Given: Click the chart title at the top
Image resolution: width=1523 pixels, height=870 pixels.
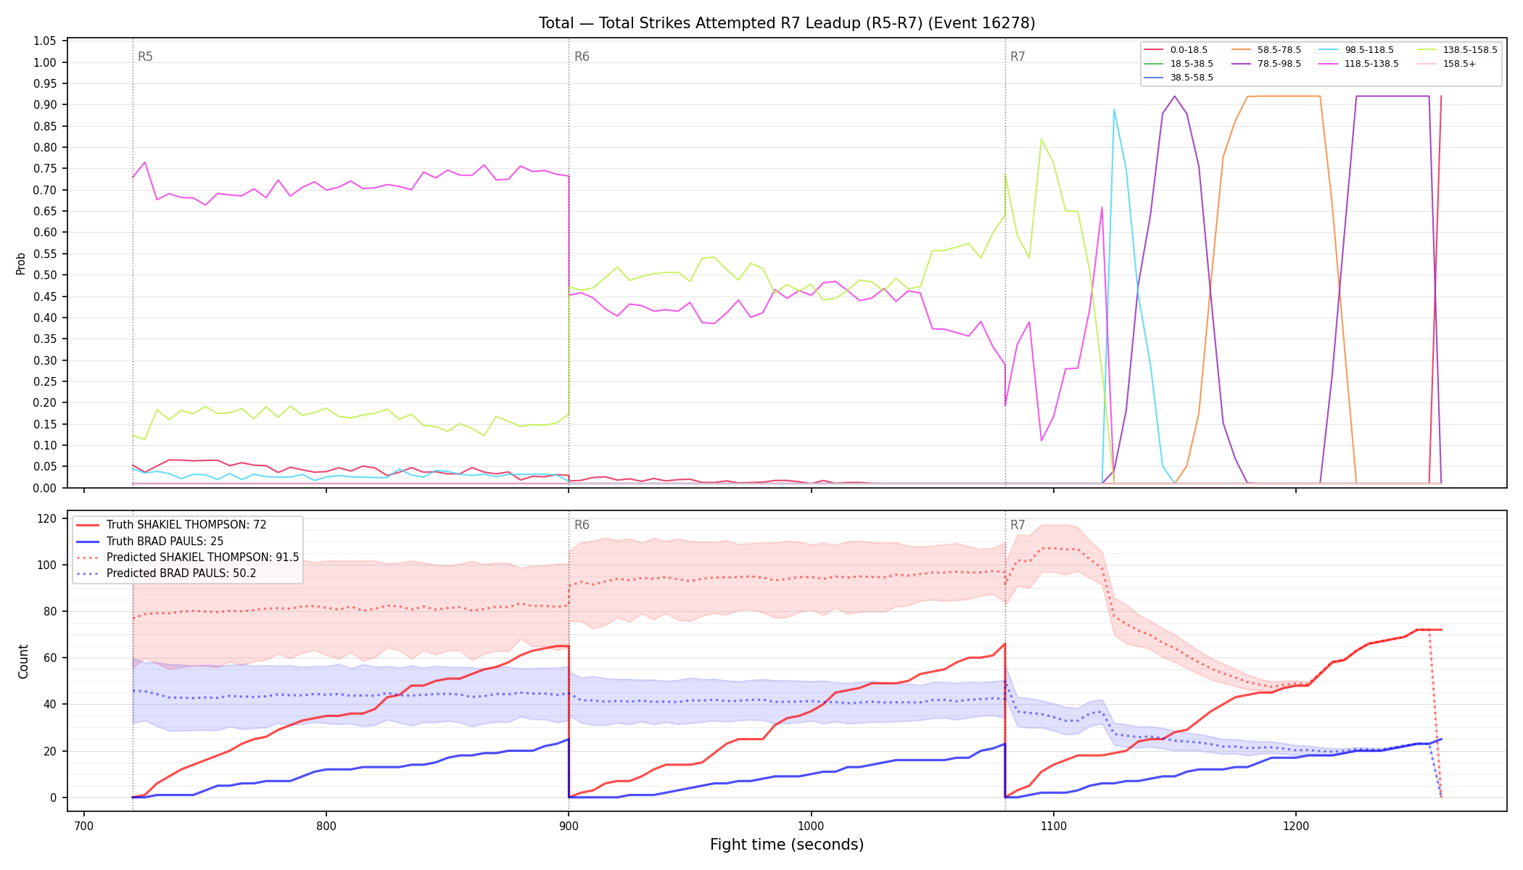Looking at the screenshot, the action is pyautogui.click(x=787, y=23).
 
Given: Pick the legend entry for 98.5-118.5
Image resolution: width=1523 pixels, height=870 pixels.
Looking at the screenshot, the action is pyautogui.click(x=1356, y=50).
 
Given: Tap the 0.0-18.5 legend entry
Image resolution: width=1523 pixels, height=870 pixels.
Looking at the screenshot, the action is pyautogui.click(x=1176, y=50).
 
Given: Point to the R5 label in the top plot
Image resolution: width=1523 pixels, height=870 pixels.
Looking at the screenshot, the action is pyautogui.click(x=145, y=57).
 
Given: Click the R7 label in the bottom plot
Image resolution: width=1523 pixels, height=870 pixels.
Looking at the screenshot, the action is pyautogui.click(x=1018, y=525).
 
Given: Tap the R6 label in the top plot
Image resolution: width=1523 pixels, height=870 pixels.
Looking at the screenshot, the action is pyautogui.click(x=582, y=57).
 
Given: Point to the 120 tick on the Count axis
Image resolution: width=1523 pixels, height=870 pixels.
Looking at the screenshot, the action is pyautogui.click(x=48, y=518).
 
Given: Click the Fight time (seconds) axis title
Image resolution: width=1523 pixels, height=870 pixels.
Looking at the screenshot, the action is pyautogui.click(x=787, y=845).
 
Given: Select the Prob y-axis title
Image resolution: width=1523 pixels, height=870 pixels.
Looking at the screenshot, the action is pyautogui.click(x=21, y=263).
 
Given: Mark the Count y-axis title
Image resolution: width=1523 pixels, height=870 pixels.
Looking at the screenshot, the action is pyautogui.click(x=23, y=661).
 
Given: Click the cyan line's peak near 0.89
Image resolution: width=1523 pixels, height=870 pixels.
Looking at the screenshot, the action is pyautogui.click(x=1114, y=109).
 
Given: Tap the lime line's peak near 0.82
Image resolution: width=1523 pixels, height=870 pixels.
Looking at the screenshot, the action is pyautogui.click(x=1041, y=139).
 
